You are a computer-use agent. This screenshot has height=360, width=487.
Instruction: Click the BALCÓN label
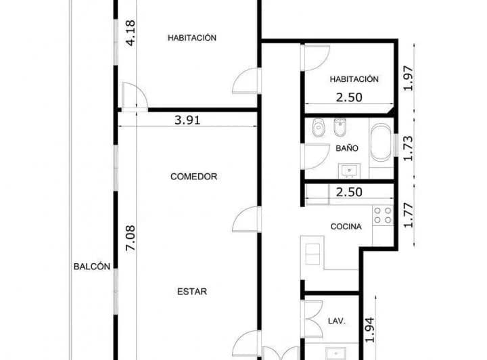click(x=91, y=267)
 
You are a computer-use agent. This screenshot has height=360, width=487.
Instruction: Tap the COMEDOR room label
click(x=194, y=177)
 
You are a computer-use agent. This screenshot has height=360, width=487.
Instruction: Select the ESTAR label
click(x=192, y=292)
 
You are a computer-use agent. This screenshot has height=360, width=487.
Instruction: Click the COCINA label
click(x=346, y=227)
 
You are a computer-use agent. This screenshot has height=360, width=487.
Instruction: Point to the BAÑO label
click(x=347, y=148)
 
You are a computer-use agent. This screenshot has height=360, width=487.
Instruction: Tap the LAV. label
click(x=337, y=321)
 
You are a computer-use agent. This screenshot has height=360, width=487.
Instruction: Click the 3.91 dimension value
click(x=187, y=120)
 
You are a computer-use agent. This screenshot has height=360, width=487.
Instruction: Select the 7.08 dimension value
click(x=131, y=238)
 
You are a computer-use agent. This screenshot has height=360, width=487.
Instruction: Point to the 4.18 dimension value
click(x=131, y=33)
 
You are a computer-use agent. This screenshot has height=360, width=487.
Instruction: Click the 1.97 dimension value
click(x=408, y=78)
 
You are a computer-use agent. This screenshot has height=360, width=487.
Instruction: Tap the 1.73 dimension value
click(x=408, y=148)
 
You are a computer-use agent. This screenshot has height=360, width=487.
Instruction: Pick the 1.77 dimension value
click(x=408, y=215)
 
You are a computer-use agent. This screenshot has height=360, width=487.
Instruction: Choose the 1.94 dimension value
click(x=369, y=330)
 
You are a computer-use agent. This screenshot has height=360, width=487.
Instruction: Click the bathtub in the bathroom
click(x=381, y=143)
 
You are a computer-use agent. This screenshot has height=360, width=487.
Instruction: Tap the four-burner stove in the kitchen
click(x=383, y=215)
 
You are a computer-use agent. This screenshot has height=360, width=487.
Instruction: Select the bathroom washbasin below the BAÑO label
click(x=350, y=171)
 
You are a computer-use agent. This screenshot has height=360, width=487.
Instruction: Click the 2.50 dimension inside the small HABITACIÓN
click(x=349, y=97)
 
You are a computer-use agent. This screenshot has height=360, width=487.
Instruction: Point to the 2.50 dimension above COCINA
click(x=349, y=192)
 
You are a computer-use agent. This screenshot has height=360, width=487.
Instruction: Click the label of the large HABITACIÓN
click(x=192, y=38)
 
